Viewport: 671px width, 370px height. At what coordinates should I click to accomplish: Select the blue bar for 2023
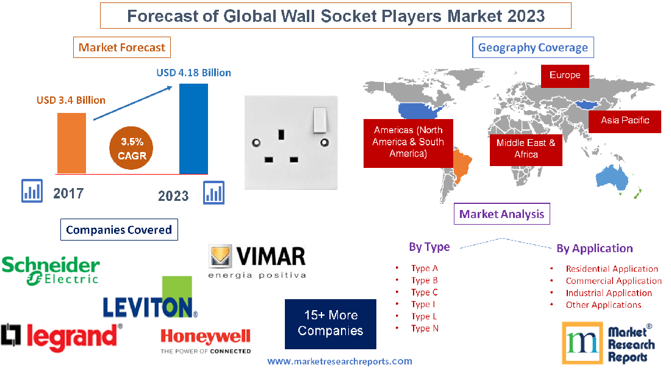click(193, 128)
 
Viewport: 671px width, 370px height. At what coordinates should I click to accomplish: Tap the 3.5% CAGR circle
click(132, 149)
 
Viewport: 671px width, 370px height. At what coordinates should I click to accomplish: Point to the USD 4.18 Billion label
click(193, 73)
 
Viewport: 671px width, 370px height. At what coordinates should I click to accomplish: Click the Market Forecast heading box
click(122, 48)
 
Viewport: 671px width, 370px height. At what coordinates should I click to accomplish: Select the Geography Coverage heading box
click(533, 48)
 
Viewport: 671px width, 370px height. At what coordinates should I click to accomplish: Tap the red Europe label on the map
click(565, 76)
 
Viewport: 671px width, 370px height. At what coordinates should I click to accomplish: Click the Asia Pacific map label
click(625, 120)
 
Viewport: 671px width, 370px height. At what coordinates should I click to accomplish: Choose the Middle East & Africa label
click(526, 148)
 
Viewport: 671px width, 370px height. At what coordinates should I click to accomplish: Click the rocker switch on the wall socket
click(319, 120)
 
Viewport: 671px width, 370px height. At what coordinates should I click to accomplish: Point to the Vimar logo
click(257, 262)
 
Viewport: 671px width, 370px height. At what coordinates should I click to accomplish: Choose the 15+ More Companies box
click(331, 323)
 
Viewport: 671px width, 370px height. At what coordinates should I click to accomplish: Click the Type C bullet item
click(425, 292)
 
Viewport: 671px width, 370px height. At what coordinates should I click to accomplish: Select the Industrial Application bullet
click(609, 293)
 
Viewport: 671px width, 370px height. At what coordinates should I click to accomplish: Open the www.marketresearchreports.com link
click(340, 361)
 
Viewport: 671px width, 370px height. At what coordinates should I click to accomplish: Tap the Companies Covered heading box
click(119, 230)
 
